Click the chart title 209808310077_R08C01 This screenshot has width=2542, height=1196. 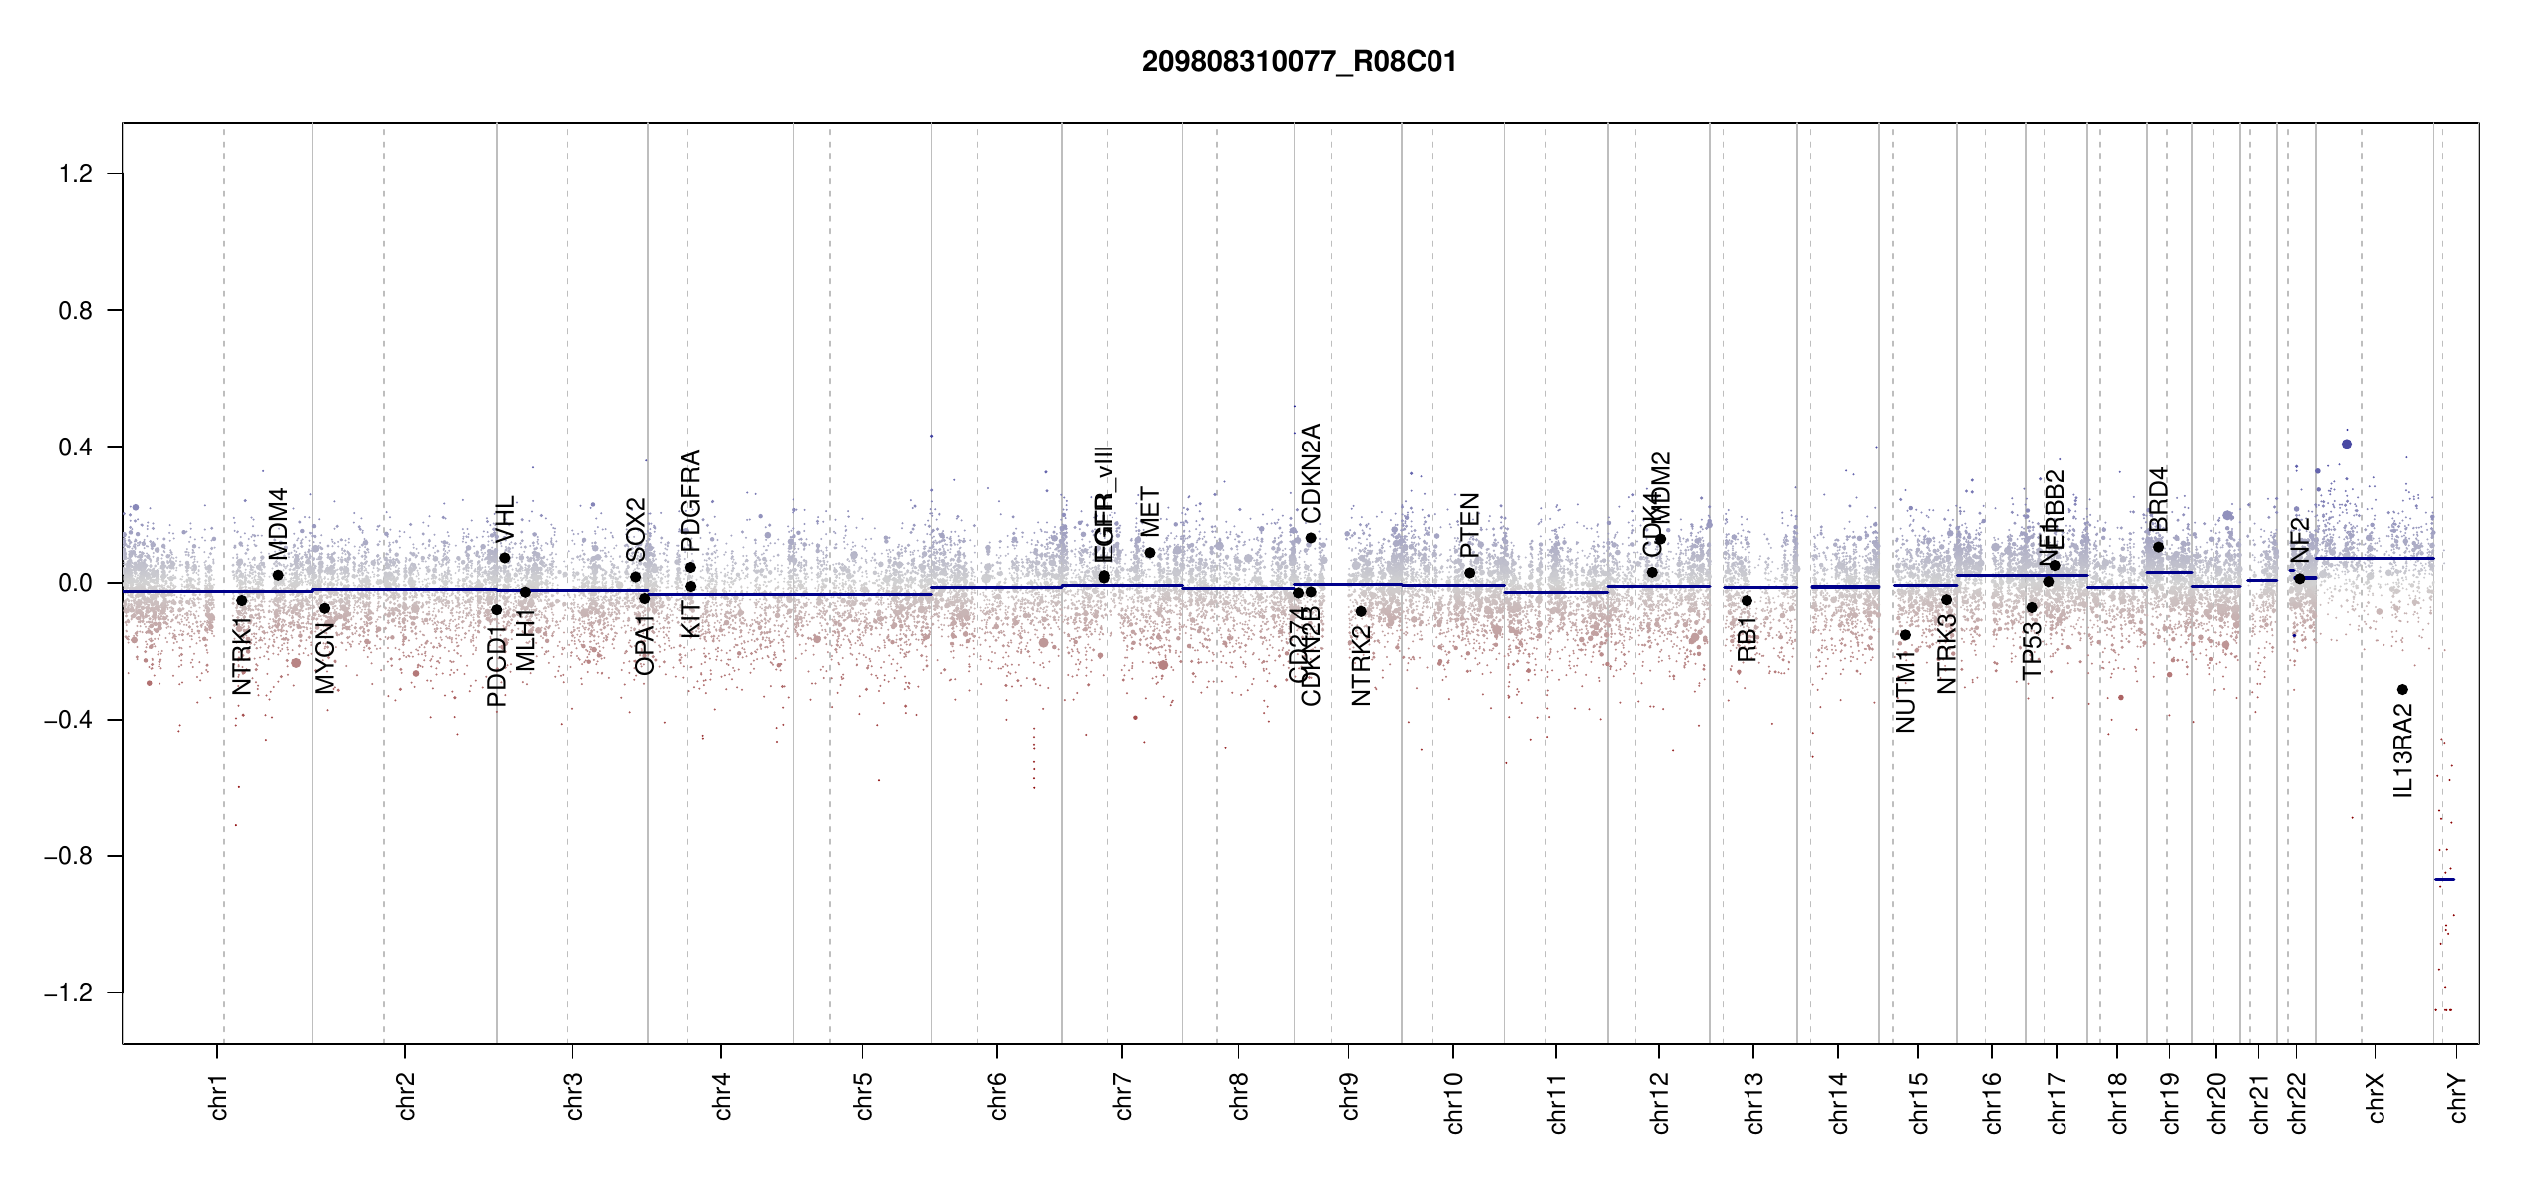coord(1299,62)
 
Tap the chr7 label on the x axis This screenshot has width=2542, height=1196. coord(1123,1096)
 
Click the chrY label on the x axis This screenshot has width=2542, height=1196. coord(2458,1096)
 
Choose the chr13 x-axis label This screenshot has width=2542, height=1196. coord(1754,1102)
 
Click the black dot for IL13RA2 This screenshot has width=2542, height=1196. coord(2402,690)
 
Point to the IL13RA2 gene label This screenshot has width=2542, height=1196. coord(2403,750)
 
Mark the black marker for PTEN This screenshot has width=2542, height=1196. coord(1469,573)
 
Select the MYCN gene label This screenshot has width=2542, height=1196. coord(325,657)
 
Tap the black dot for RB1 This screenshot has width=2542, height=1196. coord(1747,601)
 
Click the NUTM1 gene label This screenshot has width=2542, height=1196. coord(1905,690)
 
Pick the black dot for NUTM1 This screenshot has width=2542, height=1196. coord(1905,635)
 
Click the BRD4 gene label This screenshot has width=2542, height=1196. coord(2158,499)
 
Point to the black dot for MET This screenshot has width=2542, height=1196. coord(1150,553)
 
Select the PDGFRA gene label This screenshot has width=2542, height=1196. coord(690,500)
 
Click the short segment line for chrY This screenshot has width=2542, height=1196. coord(2444,879)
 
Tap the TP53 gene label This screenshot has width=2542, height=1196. coord(2032,650)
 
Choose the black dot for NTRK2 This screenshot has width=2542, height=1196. coord(1361,611)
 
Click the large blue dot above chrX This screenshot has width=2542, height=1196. coord(2347,444)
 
